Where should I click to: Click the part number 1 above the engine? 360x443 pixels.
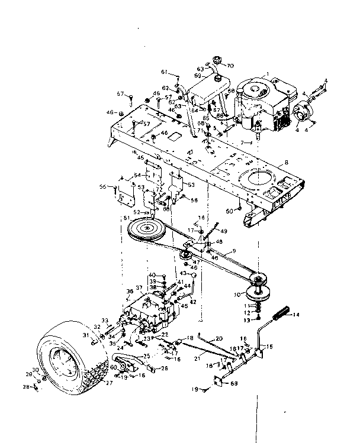click(x=268, y=75)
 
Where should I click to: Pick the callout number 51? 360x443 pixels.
click(x=126, y=218)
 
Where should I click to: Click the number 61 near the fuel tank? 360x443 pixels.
click(x=163, y=72)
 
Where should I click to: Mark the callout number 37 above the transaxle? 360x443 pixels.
click(x=139, y=288)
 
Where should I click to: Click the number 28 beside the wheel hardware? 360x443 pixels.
click(x=26, y=388)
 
